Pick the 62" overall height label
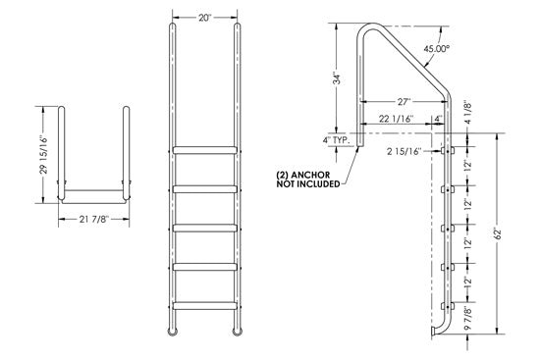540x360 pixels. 513,237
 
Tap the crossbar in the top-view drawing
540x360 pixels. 93,189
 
